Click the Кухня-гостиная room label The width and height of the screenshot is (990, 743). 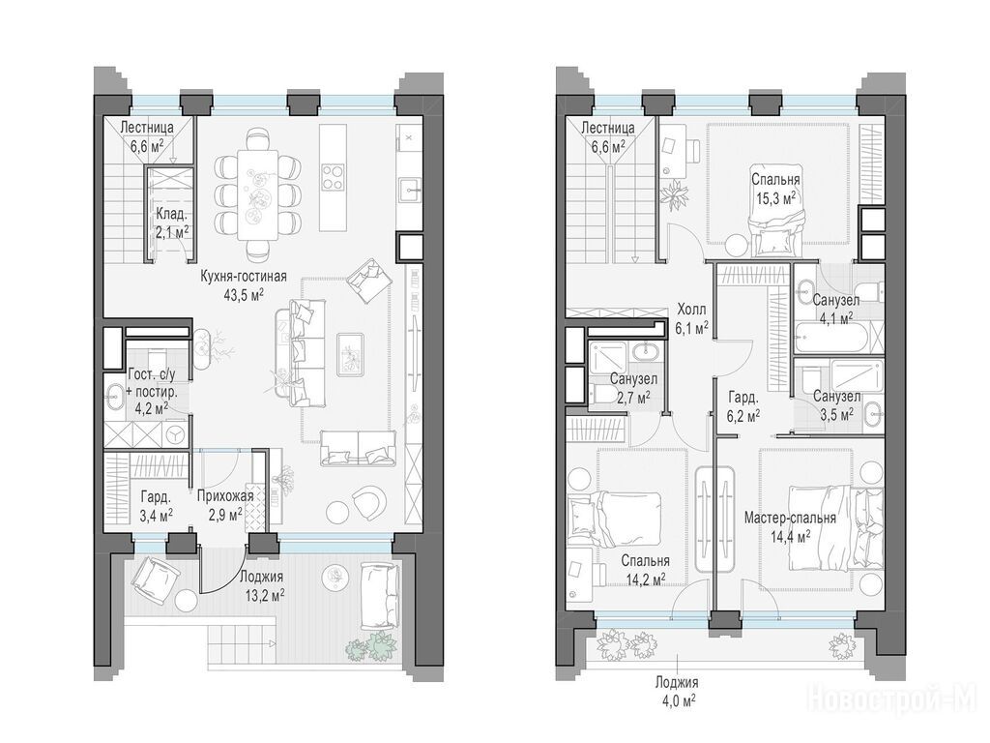pos(244,276)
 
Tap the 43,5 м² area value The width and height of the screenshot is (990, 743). pos(244,294)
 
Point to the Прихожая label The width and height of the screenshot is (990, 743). pos(225,496)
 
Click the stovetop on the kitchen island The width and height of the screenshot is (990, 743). pos(333,176)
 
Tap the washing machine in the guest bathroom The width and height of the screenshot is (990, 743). pos(175,434)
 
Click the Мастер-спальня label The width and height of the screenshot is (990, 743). pos(790,519)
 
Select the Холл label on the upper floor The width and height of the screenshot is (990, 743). pos(692,310)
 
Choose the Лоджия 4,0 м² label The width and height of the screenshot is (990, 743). pos(676,691)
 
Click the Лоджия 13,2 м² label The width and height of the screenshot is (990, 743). pos(261,585)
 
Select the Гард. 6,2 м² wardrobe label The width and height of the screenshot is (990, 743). pos(743,407)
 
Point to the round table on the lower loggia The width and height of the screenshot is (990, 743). pos(185,600)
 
